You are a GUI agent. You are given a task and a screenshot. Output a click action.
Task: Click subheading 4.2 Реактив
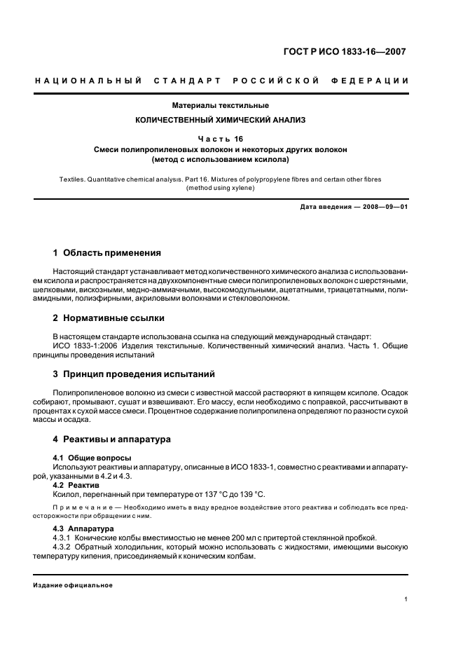coord(76,484)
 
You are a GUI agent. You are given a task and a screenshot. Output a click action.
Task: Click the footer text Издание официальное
coord(73,585)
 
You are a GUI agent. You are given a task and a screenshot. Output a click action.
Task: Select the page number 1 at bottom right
coord(406,599)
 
